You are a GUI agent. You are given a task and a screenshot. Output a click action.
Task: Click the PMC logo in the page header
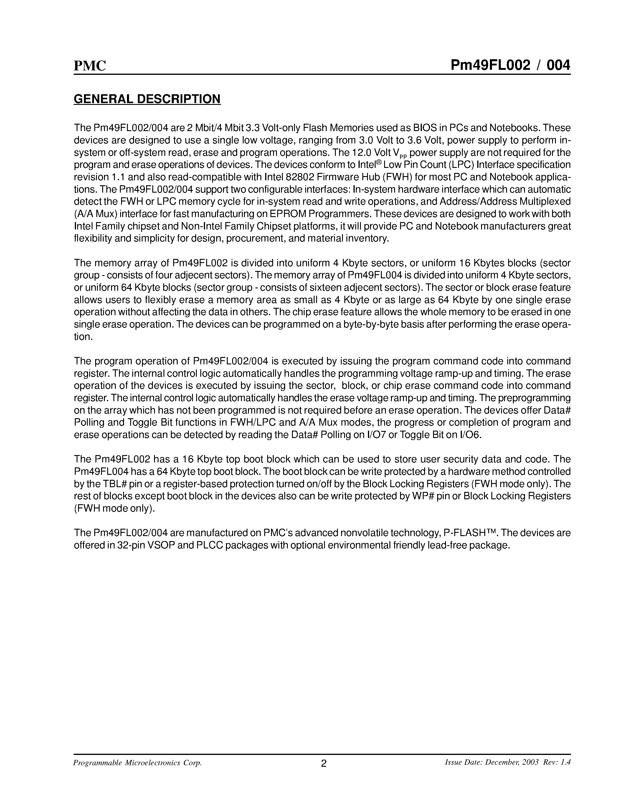click(x=90, y=66)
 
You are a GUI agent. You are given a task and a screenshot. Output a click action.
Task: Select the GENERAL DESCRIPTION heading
click(x=147, y=99)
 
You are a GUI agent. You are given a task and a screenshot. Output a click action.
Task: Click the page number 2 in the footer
click(x=323, y=763)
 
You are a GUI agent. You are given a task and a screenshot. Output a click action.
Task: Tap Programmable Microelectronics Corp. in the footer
click(x=138, y=763)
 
